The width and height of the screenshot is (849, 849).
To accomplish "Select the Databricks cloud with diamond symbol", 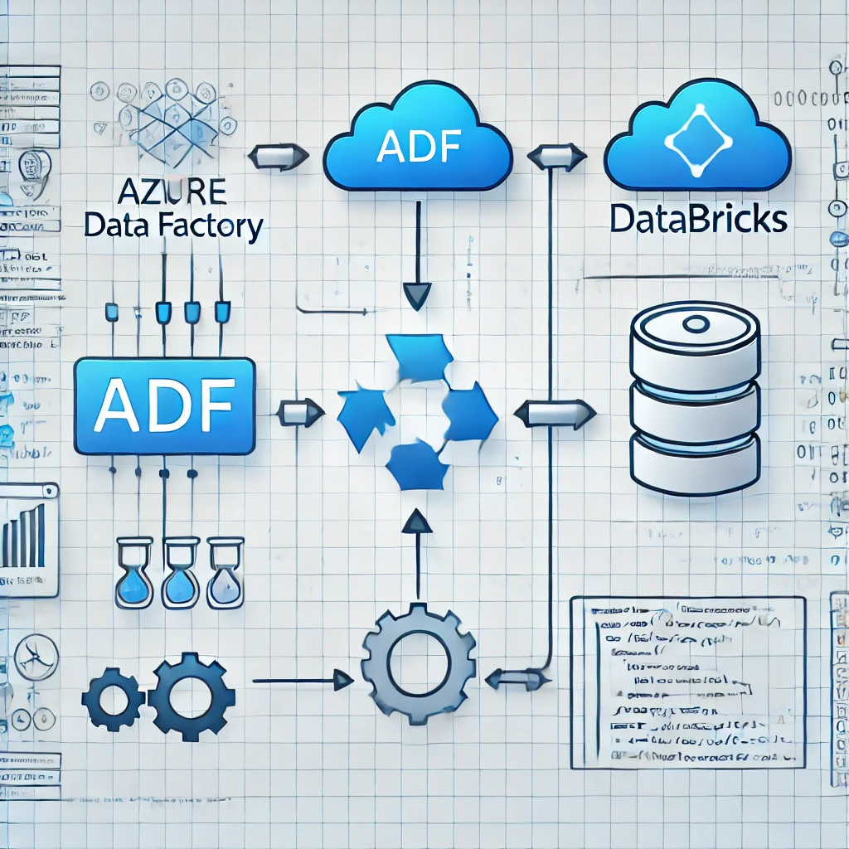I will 698,141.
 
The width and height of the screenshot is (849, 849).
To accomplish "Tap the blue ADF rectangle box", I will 163,406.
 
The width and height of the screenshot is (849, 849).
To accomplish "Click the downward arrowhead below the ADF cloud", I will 416,295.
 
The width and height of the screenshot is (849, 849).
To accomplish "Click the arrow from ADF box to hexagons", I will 301,411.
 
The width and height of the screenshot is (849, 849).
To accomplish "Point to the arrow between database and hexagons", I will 555,410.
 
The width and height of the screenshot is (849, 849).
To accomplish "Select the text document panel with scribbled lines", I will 687,682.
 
